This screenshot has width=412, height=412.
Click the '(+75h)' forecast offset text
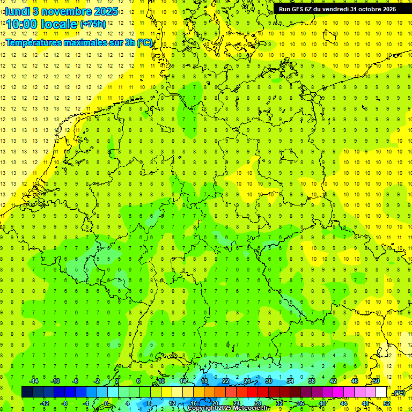click(93, 24)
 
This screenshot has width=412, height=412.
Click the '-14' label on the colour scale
click(33, 381)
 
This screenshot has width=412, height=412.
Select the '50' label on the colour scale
click(376, 381)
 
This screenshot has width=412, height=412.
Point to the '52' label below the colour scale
click(387, 403)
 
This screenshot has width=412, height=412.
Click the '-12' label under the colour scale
click(45, 403)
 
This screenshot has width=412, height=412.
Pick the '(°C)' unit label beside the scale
click(399, 393)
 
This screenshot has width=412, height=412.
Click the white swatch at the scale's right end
click(381, 392)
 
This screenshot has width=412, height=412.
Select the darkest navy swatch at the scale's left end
click(27, 392)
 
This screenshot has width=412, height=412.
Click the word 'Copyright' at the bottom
click(202, 408)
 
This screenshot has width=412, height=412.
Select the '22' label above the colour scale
click(226, 381)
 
